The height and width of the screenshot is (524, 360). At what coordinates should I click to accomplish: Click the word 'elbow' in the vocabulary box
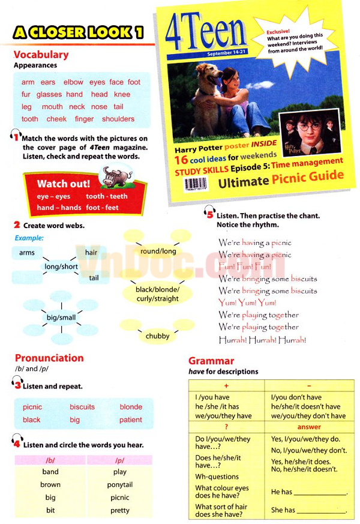tap(73, 82)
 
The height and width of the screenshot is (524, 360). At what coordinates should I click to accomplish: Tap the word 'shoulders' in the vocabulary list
tap(118, 119)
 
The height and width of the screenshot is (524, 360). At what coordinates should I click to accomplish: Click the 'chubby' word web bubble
tap(157, 336)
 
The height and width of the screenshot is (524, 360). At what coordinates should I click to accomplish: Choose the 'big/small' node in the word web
tap(61, 317)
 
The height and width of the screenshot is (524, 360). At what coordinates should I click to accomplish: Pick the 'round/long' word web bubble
tap(158, 251)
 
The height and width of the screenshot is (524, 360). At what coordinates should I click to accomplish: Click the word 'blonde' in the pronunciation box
tap(131, 406)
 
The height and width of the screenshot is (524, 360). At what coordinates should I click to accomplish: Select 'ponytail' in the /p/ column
tap(120, 484)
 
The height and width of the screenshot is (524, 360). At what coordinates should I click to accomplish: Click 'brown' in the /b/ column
tap(50, 484)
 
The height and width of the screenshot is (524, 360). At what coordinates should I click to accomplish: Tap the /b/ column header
tap(50, 460)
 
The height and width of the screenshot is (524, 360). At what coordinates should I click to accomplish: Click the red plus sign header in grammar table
tap(226, 385)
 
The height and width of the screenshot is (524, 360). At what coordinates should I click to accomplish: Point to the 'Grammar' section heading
tap(211, 361)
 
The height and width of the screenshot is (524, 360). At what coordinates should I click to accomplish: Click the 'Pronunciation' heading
tap(49, 358)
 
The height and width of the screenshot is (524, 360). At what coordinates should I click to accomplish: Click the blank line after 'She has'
tap(322, 511)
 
